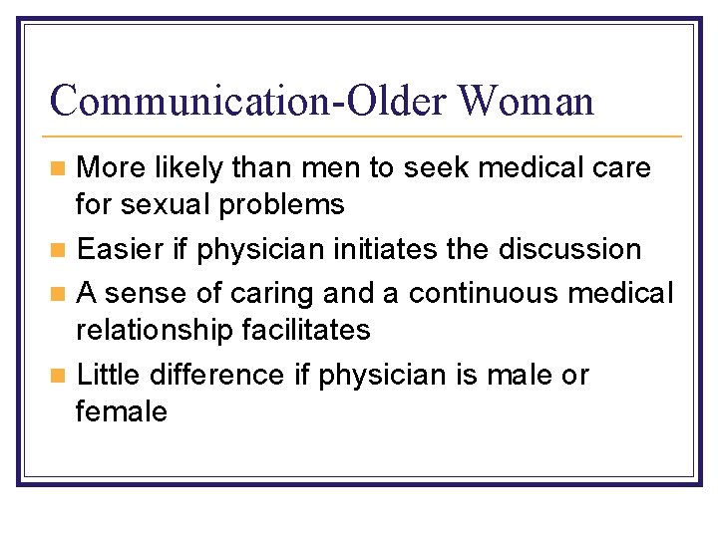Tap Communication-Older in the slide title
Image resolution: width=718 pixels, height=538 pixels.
[248, 101]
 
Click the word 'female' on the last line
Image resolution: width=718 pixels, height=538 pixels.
[122, 411]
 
